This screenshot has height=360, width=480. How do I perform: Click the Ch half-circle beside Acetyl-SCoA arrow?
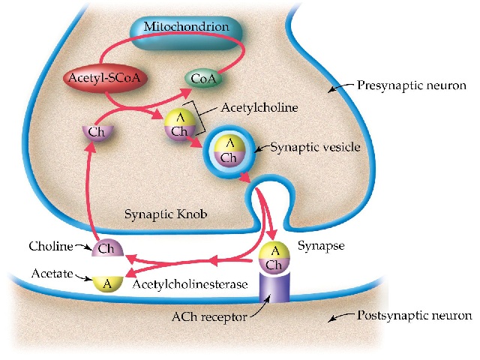click(96, 132)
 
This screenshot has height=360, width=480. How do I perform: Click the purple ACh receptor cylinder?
click(274, 287)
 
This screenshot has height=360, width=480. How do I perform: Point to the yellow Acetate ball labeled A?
click(107, 283)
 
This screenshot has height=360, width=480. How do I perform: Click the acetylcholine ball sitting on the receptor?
click(274, 257)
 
